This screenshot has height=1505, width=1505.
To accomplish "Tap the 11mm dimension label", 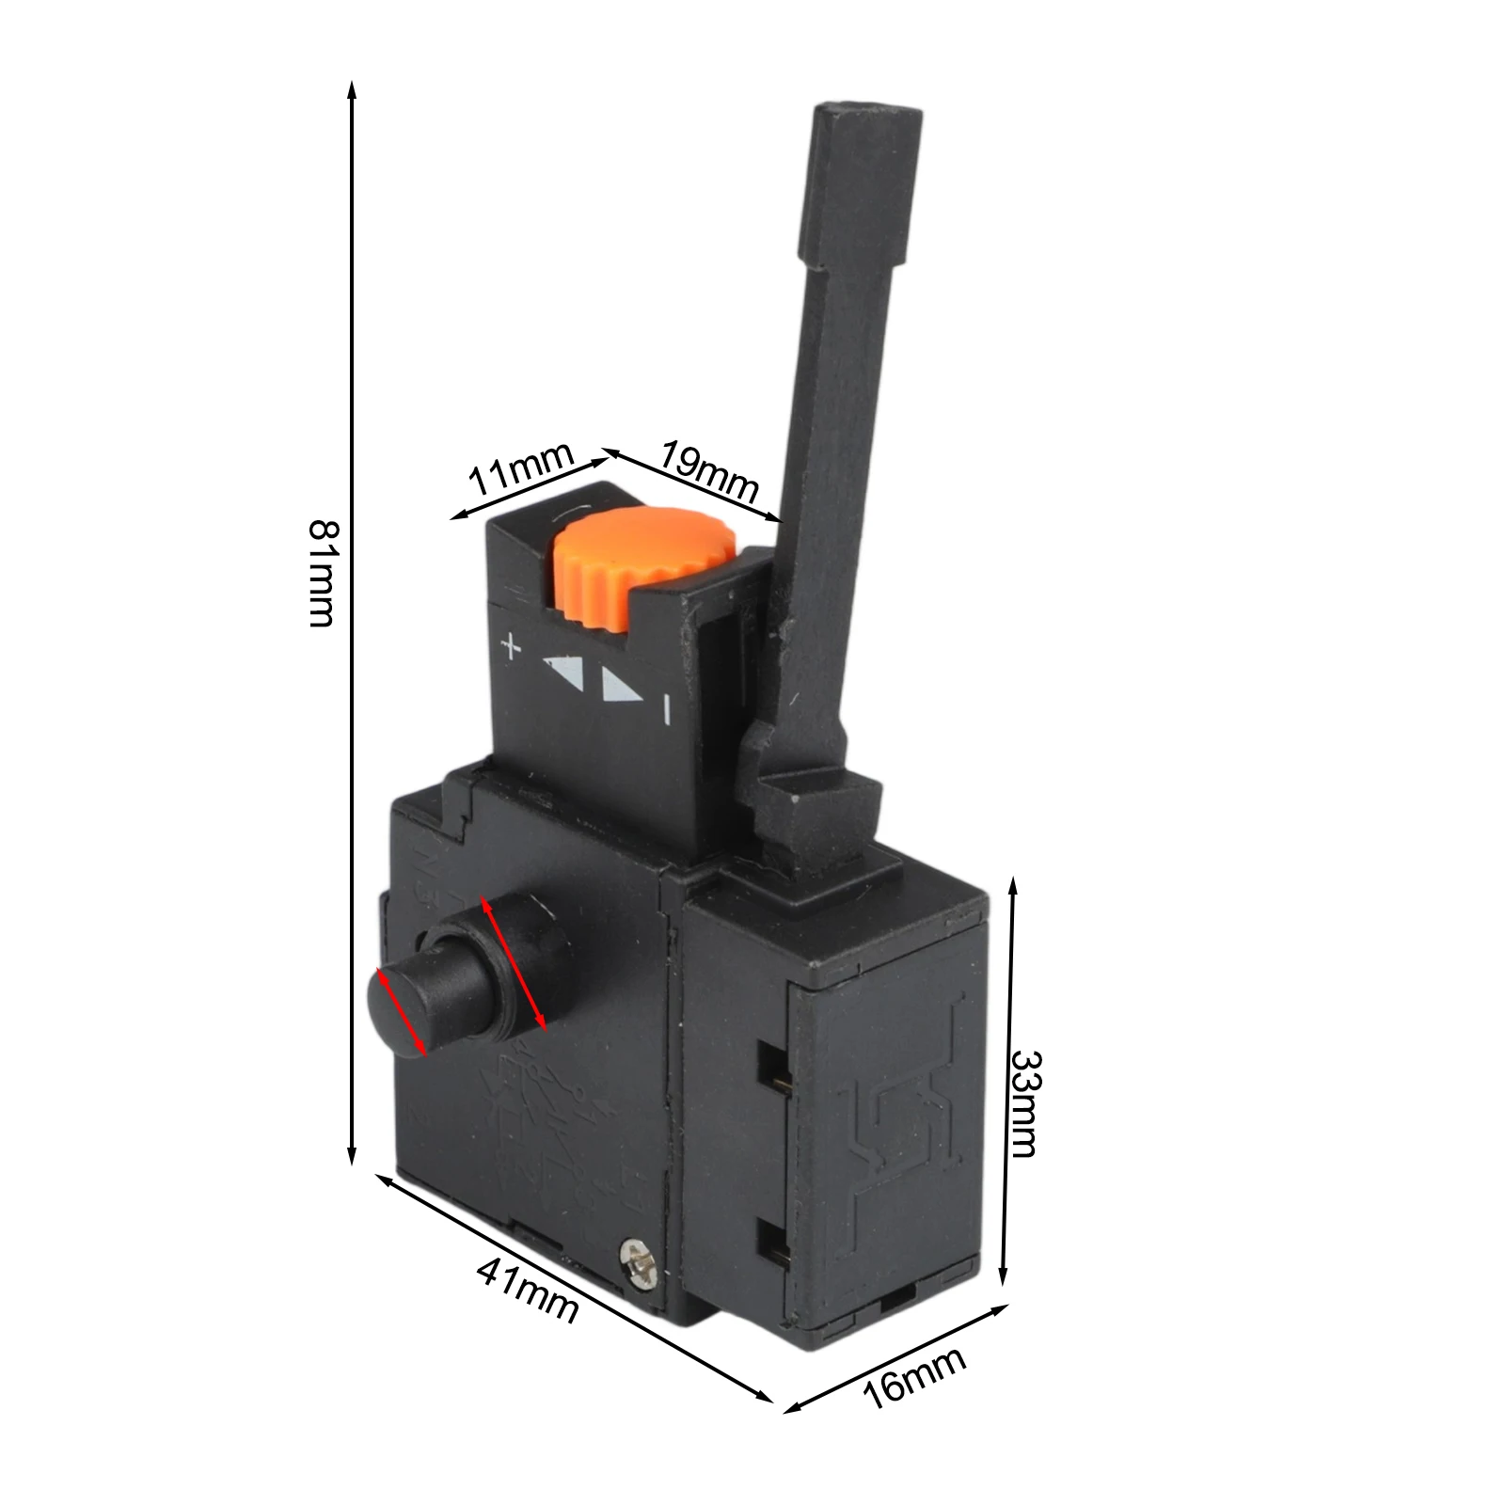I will pos(521,469).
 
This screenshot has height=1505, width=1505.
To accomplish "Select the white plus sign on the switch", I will pos(510,647).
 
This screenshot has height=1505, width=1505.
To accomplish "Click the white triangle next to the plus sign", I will pos(565,670).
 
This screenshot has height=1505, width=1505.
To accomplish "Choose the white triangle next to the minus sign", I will pos(621,687).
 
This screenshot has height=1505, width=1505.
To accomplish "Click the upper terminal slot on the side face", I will pos(773,1068).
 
